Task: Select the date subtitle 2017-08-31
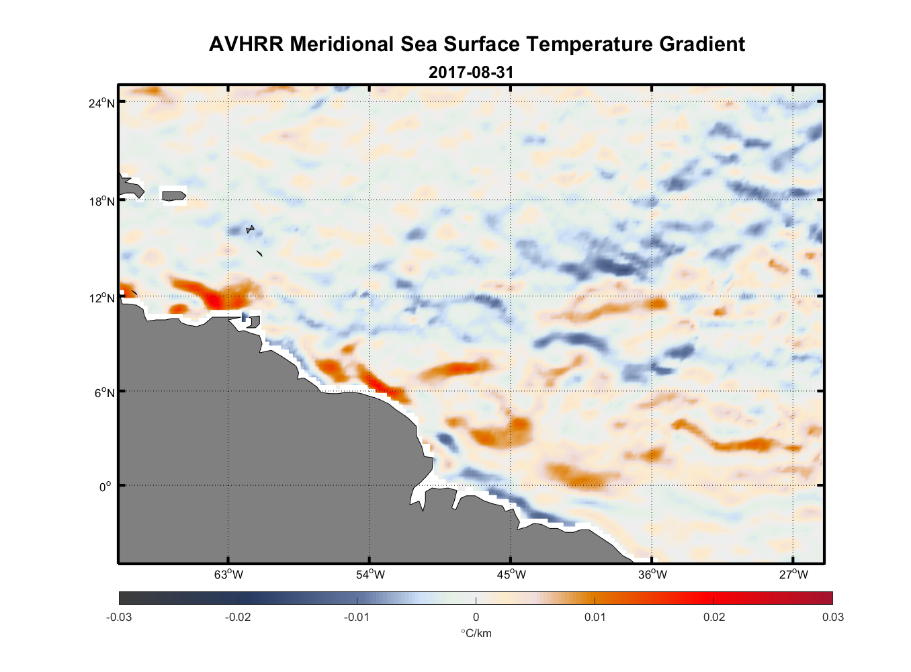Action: point(471,72)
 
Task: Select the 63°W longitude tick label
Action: point(228,575)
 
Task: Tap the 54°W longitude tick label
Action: point(370,575)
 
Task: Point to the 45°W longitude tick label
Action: point(511,575)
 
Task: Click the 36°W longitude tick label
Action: point(652,575)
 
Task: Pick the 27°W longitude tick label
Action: point(793,575)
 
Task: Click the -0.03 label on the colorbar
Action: point(119,617)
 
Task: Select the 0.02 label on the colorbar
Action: point(714,617)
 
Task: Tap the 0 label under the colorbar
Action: point(476,617)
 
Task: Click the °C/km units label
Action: point(476,633)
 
